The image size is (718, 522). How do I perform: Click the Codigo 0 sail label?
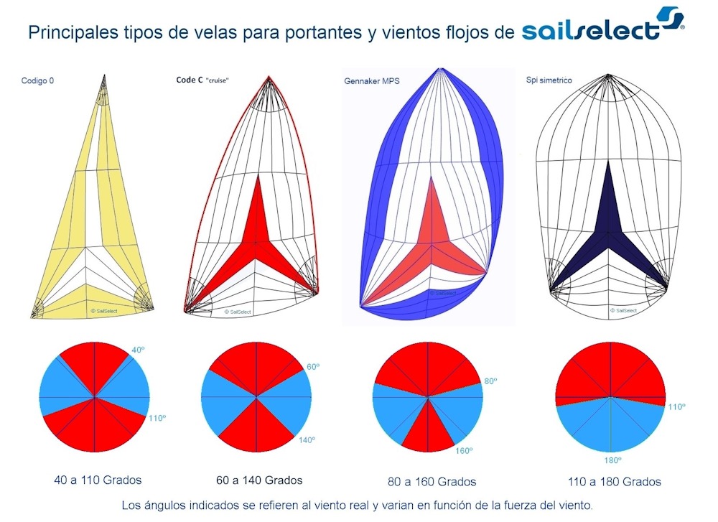tap(37, 81)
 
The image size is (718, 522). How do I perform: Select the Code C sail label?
tap(208, 80)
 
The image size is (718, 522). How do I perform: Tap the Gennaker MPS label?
tap(372, 81)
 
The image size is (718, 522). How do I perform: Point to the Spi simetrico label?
tap(549, 80)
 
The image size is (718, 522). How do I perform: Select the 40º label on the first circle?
tap(139, 351)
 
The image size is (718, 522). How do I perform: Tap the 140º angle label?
tap(307, 440)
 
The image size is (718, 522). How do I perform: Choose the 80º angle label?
tap(490, 381)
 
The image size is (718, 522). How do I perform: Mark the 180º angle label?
tap(611, 460)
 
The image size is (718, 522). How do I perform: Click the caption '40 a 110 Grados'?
tap(98, 480)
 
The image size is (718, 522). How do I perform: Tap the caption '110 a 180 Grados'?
tap(615, 481)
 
